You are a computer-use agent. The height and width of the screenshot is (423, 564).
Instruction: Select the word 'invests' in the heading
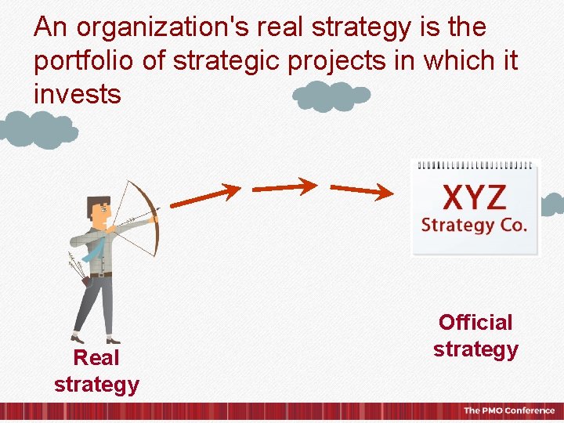coord(78,95)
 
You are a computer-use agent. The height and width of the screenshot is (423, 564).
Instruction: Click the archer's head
coord(99,209)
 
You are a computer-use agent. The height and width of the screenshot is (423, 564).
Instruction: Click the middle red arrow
coord(284,187)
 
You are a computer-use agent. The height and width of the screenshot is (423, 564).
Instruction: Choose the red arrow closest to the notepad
coord(361,190)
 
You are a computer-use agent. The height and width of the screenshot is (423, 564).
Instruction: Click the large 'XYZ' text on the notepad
coord(474,198)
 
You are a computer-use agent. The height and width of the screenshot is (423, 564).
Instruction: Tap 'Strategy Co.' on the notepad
coord(474,226)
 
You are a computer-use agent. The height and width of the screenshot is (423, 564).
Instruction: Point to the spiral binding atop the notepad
coord(474,165)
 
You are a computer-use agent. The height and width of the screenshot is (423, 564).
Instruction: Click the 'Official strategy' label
coord(475,335)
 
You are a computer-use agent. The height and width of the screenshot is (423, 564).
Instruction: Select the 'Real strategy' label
coord(96,371)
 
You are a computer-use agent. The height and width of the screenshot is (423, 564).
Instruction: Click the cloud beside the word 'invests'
coord(331,96)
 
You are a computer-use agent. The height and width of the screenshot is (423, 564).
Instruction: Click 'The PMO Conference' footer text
coord(508,410)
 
